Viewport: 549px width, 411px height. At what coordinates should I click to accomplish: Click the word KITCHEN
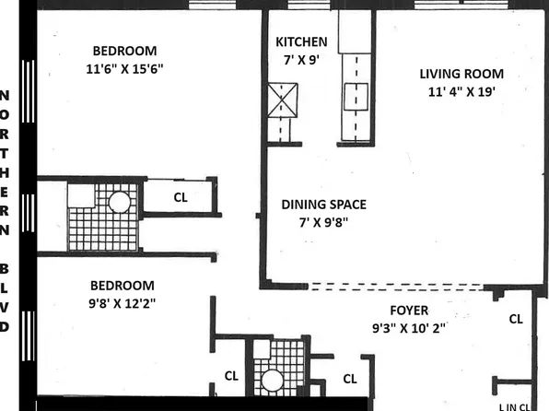pyautogui.click(x=301, y=41)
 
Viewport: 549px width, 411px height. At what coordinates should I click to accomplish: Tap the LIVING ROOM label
pyautogui.click(x=461, y=74)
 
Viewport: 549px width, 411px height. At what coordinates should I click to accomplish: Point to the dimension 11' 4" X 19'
pyautogui.click(x=461, y=91)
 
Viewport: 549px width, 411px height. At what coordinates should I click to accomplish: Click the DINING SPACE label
pyautogui.click(x=323, y=205)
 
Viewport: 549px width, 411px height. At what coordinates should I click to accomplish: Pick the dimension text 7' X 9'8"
pyautogui.click(x=322, y=222)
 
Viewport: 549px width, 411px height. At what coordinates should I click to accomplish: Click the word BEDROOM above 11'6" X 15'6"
pyautogui.click(x=123, y=51)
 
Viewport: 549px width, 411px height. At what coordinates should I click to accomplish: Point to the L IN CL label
pyautogui.click(x=513, y=405)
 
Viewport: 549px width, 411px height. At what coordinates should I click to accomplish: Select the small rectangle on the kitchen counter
pyautogui.click(x=356, y=96)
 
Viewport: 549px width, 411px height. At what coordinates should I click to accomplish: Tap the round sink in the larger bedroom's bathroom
pyautogui.click(x=120, y=203)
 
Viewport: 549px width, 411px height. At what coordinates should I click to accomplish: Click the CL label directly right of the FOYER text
pyautogui.click(x=516, y=319)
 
